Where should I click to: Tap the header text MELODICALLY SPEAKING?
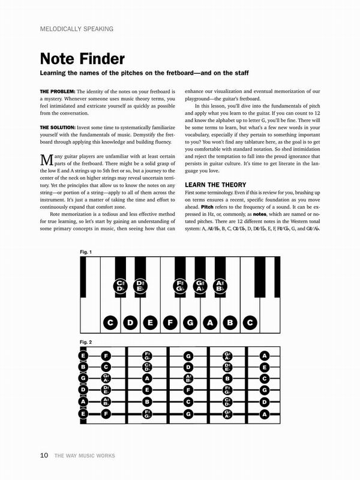77,29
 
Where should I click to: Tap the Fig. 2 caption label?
86,341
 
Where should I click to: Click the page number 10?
44,455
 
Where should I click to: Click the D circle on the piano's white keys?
130,323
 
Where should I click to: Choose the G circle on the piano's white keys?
190,323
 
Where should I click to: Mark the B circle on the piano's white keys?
229,323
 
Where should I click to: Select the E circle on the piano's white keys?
150,323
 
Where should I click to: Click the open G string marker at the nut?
82,378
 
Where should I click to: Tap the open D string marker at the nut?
82,390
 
